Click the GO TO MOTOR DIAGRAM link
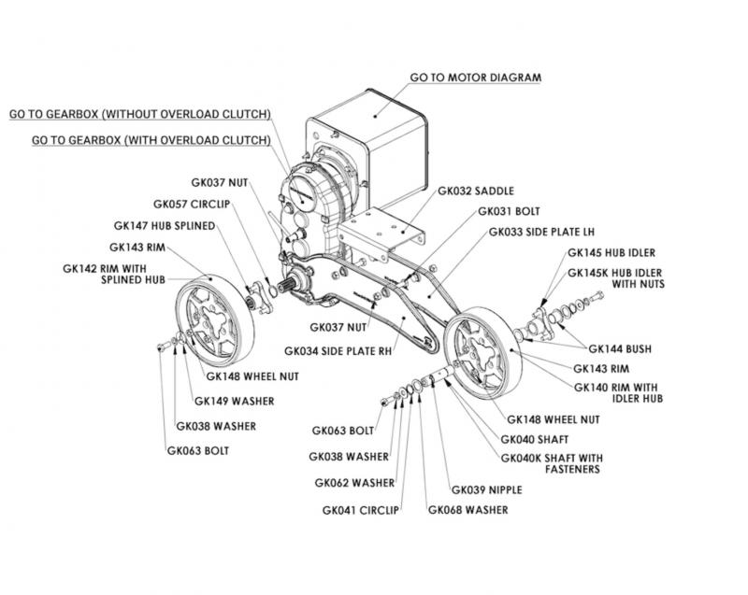click(x=476, y=78)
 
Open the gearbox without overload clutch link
click(x=140, y=114)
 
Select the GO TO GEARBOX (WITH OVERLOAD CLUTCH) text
click(x=151, y=139)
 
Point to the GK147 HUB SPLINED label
click(x=165, y=225)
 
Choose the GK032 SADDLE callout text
click(x=475, y=191)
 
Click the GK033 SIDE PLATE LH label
click(x=530, y=232)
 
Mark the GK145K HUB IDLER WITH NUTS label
click(x=616, y=278)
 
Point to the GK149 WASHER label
click(x=234, y=402)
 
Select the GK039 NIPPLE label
click(x=486, y=489)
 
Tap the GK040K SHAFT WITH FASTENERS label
click(x=553, y=463)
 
